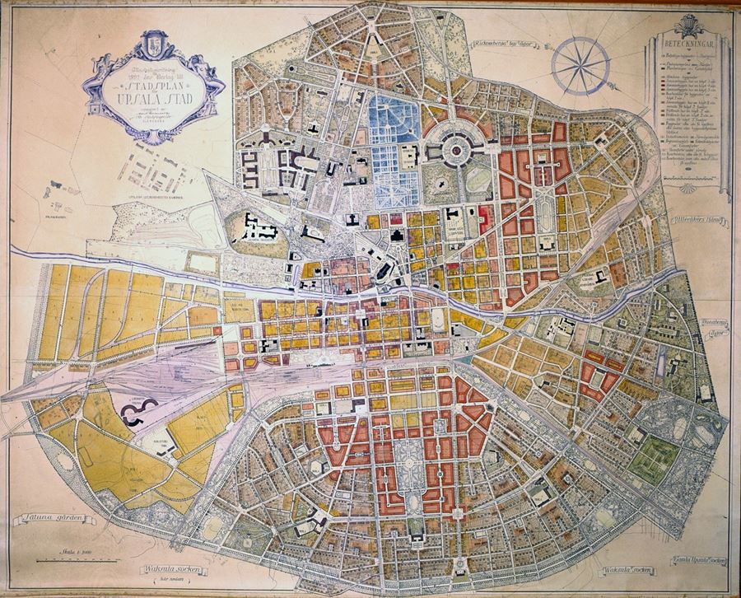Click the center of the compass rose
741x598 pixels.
tap(579, 66)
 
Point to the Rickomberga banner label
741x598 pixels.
tap(504, 45)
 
